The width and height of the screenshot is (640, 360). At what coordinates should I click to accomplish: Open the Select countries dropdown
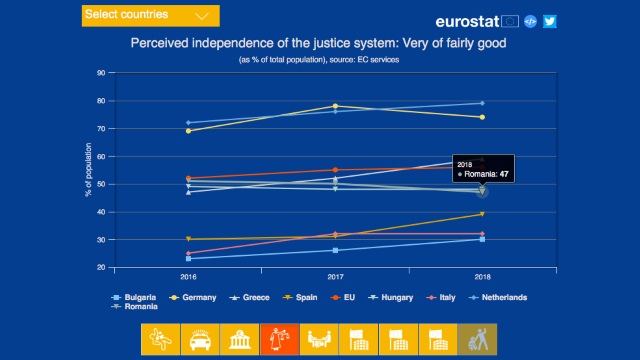tap(150, 15)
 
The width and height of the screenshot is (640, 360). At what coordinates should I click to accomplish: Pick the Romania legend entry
tap(138, 307)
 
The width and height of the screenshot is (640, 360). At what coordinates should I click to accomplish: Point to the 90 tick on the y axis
tap(100, 73)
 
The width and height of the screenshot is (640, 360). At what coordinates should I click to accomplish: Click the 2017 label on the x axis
tap(335, 276)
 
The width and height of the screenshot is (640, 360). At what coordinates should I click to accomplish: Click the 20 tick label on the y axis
tap(100, 268)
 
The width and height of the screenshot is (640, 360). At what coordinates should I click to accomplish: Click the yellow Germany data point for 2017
tap(335, 106)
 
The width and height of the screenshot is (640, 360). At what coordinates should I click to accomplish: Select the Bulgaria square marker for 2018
tap(482, 239)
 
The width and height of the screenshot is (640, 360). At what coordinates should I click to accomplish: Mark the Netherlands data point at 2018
tap(482, 103)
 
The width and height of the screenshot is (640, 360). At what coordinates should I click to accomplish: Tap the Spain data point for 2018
tap(482, 214)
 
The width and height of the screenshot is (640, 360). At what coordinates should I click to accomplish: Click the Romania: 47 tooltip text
tap(484, 173)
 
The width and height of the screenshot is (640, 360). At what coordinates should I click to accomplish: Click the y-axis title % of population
tap(88, 170)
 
